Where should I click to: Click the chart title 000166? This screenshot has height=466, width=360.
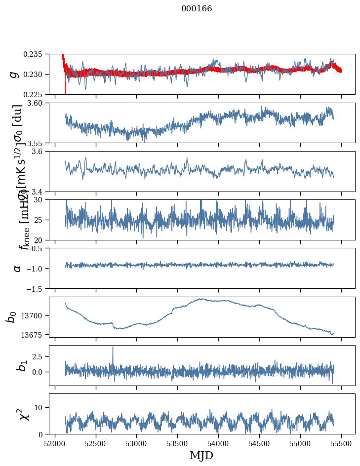coord(197,9)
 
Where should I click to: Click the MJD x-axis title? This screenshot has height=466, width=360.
coord(201,456)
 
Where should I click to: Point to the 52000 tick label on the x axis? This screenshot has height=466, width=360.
coord(55,443)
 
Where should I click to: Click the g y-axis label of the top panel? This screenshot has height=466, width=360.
coord(14,74)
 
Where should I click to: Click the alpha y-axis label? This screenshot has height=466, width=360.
coord(17,268)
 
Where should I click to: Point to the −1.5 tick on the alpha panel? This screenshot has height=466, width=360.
coord(37,288)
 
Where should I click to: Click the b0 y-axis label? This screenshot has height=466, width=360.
coord(11,317)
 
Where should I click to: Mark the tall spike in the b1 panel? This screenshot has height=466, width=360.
coord(113,349)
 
